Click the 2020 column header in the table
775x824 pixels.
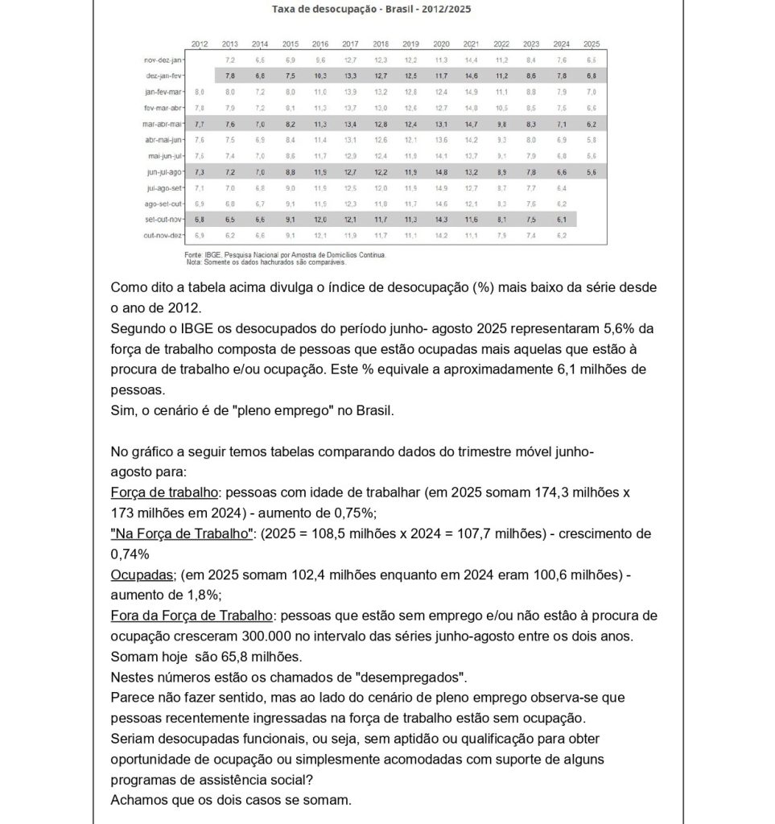tap(441, 43)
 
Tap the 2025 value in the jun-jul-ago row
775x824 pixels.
tap(592, 171)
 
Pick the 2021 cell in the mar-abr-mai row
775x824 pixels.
tap(472, 124)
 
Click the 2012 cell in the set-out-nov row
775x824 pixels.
tap(200, 219)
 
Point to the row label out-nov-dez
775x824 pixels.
tap(165, 234)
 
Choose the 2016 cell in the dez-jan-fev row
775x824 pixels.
tap(320, 76)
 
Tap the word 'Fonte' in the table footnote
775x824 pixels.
tap(194, 254)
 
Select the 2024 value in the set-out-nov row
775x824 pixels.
tap(562, 219)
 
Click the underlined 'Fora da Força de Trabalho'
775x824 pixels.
tap(191, 616)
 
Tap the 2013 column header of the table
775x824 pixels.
tap(229, 43)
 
